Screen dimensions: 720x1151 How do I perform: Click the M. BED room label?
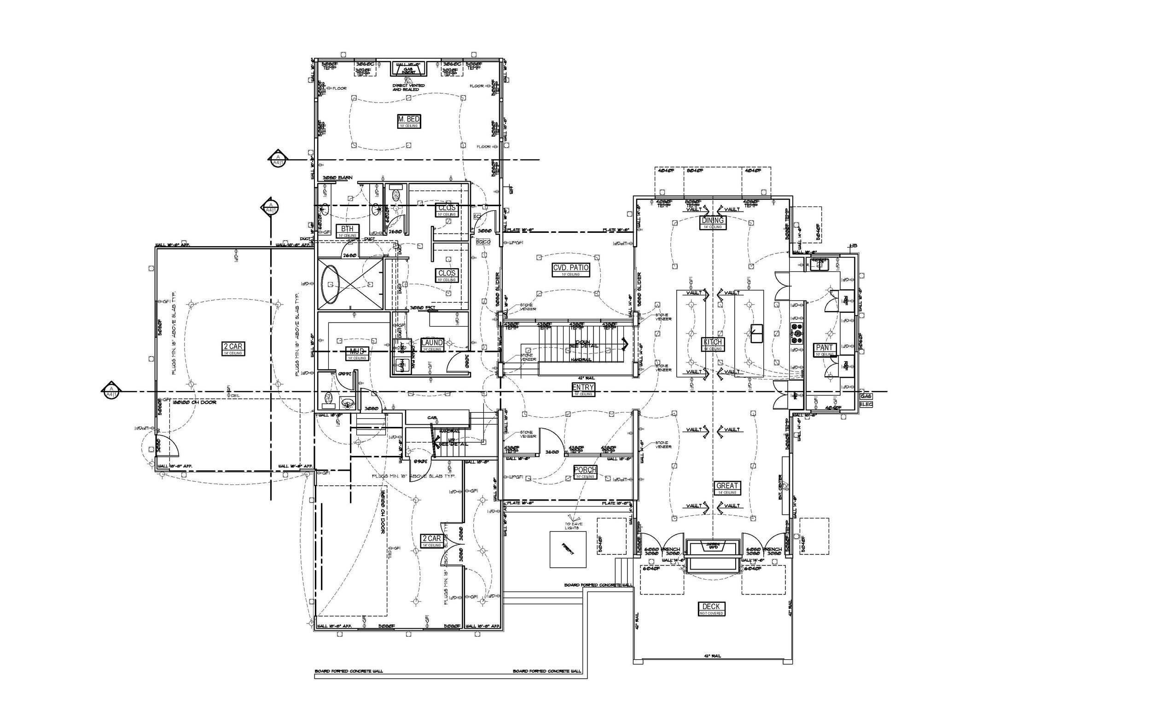[409, 119]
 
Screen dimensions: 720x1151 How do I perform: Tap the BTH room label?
[347, 229]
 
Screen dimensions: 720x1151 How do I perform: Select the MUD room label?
[357, 351]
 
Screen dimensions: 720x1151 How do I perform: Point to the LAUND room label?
[432, 343]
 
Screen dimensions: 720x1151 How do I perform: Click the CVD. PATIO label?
[571, 268]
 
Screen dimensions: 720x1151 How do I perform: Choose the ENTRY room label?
[583, 388]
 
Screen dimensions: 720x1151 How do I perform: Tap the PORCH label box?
[585, 470]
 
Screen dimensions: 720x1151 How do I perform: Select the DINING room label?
[713, 220]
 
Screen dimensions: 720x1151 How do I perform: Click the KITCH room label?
[713, 342]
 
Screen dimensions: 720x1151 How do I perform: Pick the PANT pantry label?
[824, 348]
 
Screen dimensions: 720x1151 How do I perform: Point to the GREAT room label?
[727, 486]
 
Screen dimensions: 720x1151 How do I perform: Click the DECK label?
[711, 607]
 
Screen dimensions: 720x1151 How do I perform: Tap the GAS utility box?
[866, 396]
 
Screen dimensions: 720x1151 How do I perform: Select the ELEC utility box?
[866, 404]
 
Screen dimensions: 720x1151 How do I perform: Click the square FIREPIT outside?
[568, 549]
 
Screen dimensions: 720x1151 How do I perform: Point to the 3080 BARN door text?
[337, 178]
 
